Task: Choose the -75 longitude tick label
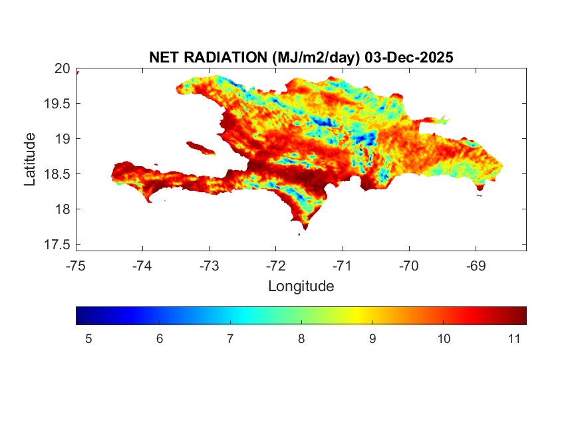(x=76, y=267)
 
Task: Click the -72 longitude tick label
(x=275, y=267)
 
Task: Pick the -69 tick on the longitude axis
(x=476, y=267)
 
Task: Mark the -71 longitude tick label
(x=343, y=267)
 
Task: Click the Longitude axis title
(x=301, y=286)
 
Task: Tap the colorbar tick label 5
(x=88, y=339)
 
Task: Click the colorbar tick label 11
(x=513, y=339)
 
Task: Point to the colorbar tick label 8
(x=301, y=339)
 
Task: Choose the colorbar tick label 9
(x=372, y=339)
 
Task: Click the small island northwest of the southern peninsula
(x=200, y=148)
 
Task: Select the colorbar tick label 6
(x=160, y=339)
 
